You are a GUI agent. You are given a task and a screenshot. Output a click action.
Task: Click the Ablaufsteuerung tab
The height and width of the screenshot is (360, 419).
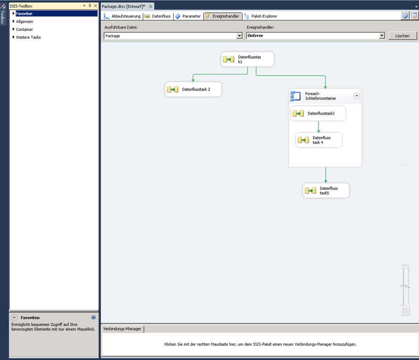[x=122, y=17]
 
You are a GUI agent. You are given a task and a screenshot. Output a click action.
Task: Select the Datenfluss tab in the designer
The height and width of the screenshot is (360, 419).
[x=158, y=17]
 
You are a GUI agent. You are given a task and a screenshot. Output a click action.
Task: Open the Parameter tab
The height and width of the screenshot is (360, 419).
[x=188, y=17]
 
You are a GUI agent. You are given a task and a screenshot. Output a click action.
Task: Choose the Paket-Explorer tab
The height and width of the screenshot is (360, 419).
[x=260, y=17]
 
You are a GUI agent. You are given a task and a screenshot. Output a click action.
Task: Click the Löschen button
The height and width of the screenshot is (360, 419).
[x=402, y=36]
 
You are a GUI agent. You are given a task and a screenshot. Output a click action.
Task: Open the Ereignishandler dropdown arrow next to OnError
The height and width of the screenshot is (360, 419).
[x=382, y=35]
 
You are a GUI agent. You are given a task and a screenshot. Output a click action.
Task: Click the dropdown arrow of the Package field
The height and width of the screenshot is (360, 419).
[x=239, y=36]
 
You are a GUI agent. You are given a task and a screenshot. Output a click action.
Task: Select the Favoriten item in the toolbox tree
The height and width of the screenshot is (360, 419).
[x=24, y=14]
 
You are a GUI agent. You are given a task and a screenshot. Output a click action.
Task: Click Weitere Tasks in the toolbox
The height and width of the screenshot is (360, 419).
[x=28, y=37]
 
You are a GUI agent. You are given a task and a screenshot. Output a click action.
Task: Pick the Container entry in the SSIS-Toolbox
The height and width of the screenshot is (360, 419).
[x=25, y=29]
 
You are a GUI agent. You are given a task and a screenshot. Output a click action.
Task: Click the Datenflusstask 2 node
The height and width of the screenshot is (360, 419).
[x=193, y=89]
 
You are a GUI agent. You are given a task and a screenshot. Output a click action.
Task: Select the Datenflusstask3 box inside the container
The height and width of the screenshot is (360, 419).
[x=318, y=113]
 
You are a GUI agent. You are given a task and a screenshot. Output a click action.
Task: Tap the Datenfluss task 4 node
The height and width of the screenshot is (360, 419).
[x=319, y=140]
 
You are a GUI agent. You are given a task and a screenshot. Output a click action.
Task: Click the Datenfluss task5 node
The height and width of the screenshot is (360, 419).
[x=326, y=191]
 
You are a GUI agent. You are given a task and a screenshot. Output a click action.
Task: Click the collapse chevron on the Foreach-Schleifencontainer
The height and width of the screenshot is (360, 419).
[x=357, y=96]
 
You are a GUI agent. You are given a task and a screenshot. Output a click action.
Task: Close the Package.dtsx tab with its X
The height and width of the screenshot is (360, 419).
[x=151, y=7]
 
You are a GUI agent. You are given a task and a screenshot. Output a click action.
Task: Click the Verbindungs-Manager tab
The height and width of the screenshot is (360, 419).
[x=122, y=329]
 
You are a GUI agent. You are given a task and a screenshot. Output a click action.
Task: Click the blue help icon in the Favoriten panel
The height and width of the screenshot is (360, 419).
[x=93, y=317]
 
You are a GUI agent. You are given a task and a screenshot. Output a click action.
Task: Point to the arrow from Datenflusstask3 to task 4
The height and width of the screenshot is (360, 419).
[x=318, y=126]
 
